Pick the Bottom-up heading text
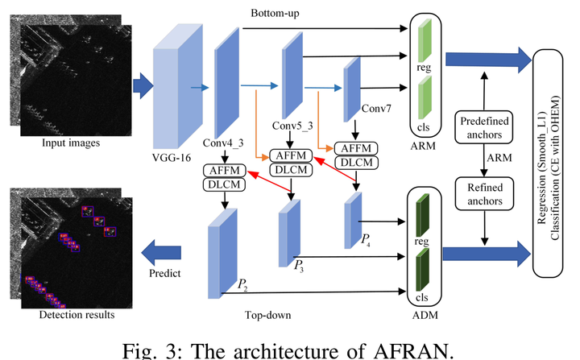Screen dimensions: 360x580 coord(279,14)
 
